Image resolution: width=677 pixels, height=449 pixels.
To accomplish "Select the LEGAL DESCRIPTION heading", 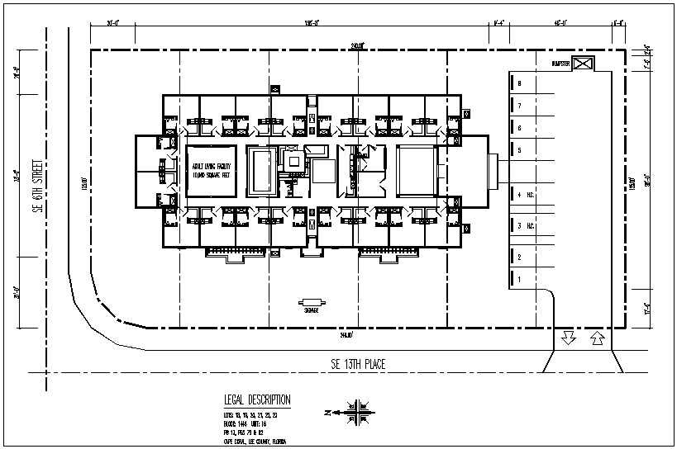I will click(257, 400).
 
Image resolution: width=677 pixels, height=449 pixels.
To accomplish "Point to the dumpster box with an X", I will click(584, 64).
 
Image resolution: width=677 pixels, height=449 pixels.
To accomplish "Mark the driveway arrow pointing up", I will click(596, 337).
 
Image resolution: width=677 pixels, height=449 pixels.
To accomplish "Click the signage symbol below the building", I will click(312, 302).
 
